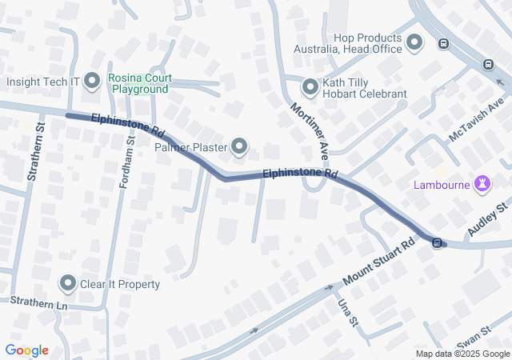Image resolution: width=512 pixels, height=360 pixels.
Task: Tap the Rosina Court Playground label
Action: pyautogui.click(x=139, y=83)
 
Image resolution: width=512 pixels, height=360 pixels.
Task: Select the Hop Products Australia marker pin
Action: pyautogui.click(x=414, y=42)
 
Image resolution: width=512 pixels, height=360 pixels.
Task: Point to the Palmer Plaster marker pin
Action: pyautogui.click(x=239, y=146)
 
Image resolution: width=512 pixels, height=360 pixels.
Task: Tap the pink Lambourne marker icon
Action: pyautogui.click(x=482, y=186)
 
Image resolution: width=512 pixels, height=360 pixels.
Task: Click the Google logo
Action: pyautogui.click(x=26, y=350)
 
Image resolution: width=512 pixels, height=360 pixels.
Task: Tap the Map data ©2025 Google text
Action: pyautogui.click(x=462, y=354)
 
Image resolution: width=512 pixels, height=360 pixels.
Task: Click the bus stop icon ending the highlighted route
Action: pyautogui.click(x=437, y=242)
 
